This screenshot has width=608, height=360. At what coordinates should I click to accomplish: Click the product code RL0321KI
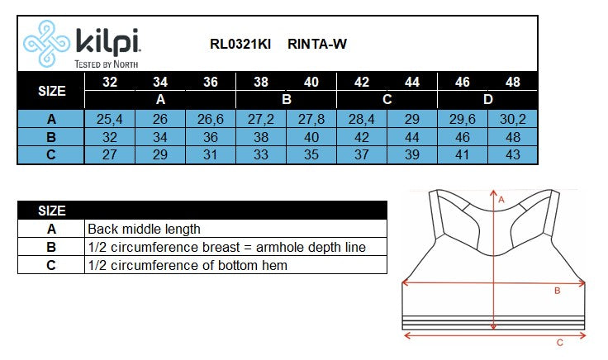240,45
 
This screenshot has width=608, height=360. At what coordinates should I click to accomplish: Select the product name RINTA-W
317,45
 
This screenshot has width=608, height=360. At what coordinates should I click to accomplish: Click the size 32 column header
110,82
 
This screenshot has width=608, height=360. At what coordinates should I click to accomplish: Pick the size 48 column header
512,82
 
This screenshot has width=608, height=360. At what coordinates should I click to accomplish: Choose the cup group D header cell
487,99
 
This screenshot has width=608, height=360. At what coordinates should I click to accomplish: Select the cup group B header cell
286,99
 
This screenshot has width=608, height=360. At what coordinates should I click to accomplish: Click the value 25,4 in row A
110,119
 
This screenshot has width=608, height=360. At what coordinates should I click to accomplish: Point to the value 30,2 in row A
512,119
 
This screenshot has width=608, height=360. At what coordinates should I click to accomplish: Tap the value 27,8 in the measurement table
311,119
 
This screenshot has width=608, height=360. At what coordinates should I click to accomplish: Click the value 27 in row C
110,155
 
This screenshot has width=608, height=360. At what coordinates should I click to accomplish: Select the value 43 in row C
512,155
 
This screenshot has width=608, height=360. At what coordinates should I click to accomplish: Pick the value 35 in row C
311,155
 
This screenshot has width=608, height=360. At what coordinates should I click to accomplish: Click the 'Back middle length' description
144,229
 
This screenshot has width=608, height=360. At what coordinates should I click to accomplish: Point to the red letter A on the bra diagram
501,199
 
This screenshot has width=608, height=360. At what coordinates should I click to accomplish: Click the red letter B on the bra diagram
557,291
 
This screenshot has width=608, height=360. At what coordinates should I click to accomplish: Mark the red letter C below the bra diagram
559,342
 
